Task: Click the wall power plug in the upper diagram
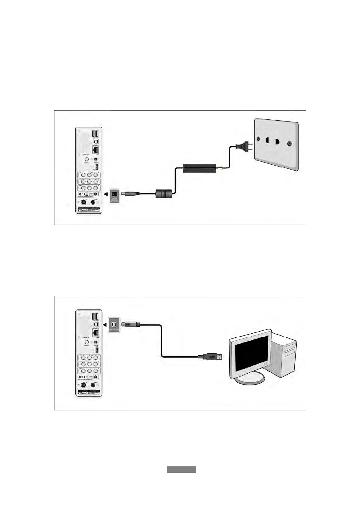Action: coord(242,148)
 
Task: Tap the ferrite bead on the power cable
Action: coord(164,193)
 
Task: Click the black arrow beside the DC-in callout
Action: coord(105,194)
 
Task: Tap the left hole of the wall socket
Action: coord(267,141)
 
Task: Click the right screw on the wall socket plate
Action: coord(290,144)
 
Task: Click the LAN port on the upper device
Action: coord(96,149)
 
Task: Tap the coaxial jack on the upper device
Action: coord(87,159)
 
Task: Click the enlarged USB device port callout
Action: coord(114,325)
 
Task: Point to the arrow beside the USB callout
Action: coord(105,325)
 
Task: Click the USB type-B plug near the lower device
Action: coord(130,325)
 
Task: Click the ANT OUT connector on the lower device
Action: coord(93,386)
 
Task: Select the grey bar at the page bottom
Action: coord(181,469)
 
